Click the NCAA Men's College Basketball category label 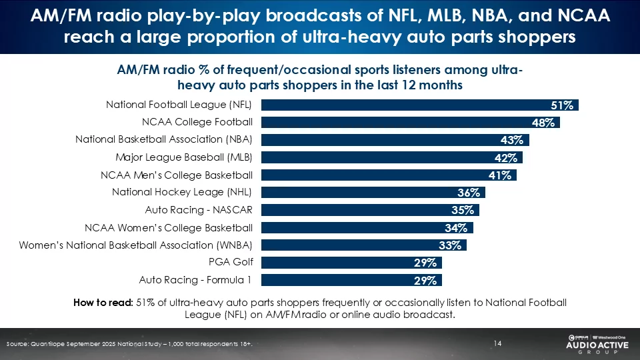[176, 175]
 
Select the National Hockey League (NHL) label [182, 193]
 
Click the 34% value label [460, 227]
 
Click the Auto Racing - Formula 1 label [195, 279]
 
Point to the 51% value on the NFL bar [562, 105]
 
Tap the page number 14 [497, 343]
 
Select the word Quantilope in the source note [51, 343]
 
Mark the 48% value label [544, 123]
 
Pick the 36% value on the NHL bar [469, 193]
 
